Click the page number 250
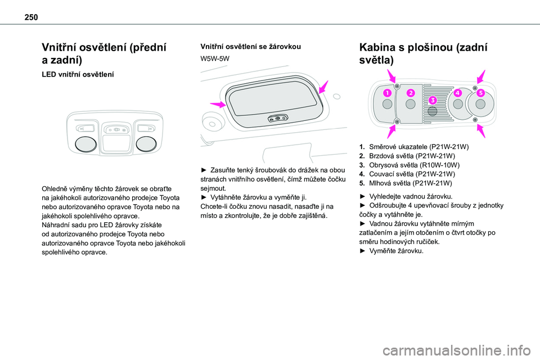point(31,17)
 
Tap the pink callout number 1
point(387,93)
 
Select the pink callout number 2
point(411,93)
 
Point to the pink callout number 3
point(433,100)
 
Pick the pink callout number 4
point(458,93)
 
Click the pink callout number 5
point(481,93)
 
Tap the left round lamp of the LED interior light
point(85,144)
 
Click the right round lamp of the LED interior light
point(146,144)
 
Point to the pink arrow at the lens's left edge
point(218,104)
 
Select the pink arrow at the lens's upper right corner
point(323,87)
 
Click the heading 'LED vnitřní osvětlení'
point(78,74)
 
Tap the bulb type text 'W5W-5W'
point(215,58)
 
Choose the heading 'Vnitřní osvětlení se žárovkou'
point(251,47)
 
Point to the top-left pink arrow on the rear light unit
point(391,76)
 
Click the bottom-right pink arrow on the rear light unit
point(481,131)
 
